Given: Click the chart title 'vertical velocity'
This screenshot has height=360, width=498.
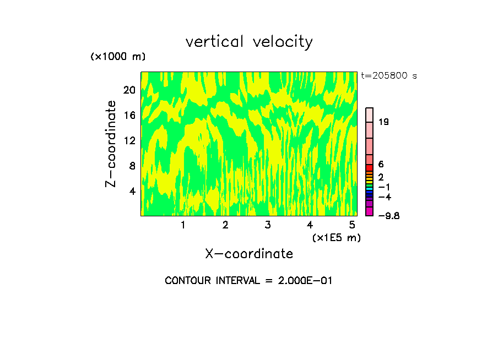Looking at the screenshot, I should click(x=249, y=42).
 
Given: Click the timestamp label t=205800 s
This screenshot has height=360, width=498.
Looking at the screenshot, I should click(x=388, y=76).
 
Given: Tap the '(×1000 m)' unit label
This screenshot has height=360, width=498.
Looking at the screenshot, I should click(x=118, y=57).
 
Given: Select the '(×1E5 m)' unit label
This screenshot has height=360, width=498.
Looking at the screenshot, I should click(x=336, y=237).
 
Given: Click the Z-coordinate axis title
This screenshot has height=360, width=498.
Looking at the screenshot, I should click(x=111, y=144).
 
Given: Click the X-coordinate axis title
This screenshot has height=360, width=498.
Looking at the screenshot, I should click(x=249, y=254).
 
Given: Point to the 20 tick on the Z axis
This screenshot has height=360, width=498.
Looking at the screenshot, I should click(x=129, y=90).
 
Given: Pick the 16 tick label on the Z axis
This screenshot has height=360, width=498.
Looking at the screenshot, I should click(x=129, y=116).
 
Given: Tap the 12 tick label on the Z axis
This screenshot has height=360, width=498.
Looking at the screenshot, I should click(x=129, y=141).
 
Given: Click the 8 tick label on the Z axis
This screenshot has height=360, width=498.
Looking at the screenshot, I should click(x=132, y=166).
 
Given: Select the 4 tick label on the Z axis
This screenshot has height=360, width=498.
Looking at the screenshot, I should click(x=132, y=191).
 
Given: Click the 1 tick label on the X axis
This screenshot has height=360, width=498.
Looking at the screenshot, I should click(x=183, y=225).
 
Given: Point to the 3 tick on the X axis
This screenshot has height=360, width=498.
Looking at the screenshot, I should click(x=267, y=225).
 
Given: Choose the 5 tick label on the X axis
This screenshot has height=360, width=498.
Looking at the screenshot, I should click(x=351, y=225).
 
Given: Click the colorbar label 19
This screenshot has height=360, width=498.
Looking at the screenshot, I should click(x=384, y=122).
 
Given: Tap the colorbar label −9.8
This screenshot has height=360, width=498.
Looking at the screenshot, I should click(x=388, y=216).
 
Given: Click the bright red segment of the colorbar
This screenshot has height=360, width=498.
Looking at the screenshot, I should click(x=369, y=168).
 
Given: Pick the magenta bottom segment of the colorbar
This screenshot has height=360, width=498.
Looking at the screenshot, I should click(x=369, y=211).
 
